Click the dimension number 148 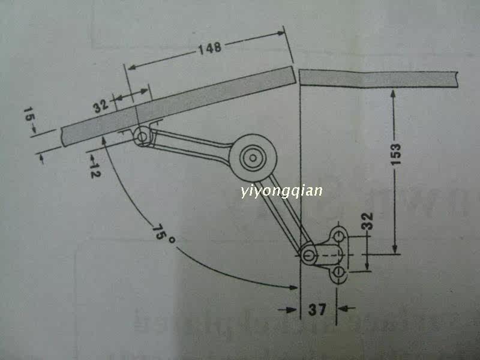point(209,48)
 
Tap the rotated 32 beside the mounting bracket point(368,222)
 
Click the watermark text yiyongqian point(281,191)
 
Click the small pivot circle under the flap point(142,137)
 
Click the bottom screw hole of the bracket point(339,274)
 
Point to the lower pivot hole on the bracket point(308,254)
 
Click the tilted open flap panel point(180,106)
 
